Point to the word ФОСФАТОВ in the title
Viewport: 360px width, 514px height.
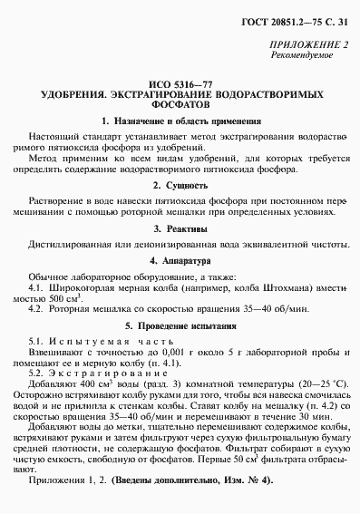180,104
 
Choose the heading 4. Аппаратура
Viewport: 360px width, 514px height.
180,260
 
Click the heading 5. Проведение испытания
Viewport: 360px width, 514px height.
180,324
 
